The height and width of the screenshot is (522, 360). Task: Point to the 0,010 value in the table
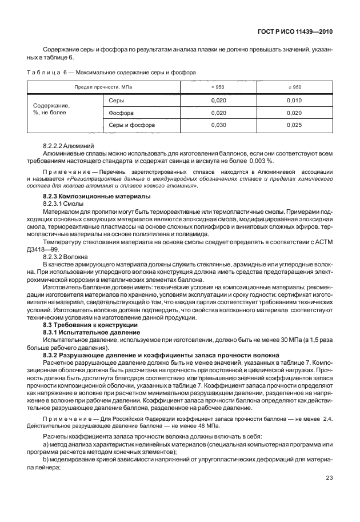coord(294,100)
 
